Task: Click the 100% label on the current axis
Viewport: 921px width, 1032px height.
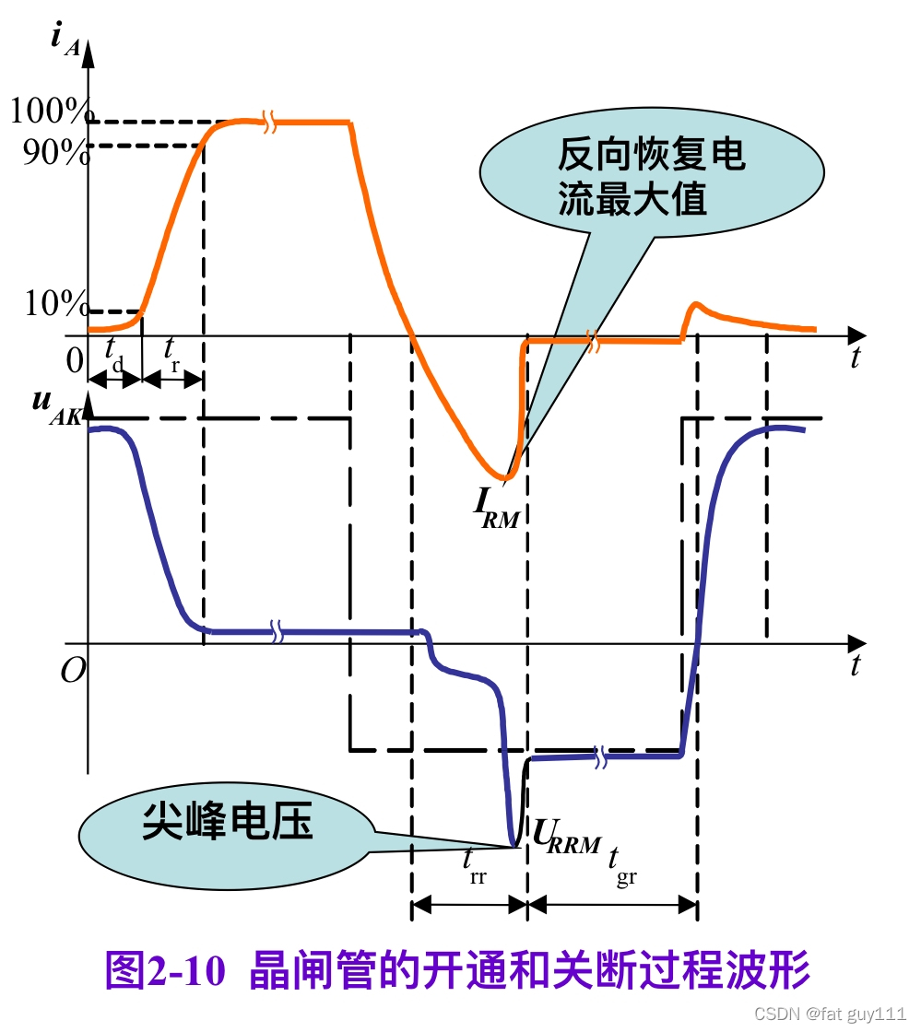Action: click(47, 113)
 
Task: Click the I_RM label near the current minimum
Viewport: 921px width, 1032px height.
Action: click(497, 504)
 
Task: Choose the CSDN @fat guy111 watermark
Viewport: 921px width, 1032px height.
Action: click(830, 1014)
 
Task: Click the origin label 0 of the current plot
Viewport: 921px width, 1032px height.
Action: click(75, 360)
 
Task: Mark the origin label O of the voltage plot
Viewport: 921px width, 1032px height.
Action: click(73, 670)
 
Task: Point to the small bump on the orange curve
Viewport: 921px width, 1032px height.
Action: click(697, 306)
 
